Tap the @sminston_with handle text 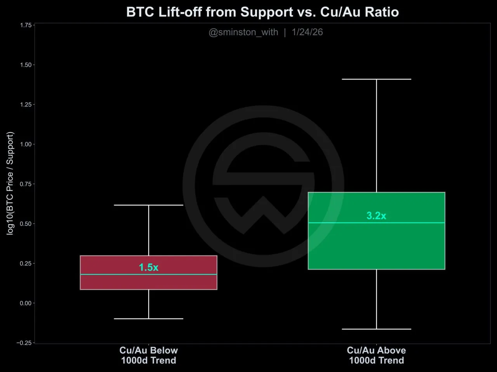click(x=243, y=32)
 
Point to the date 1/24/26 click(x=307, y=32)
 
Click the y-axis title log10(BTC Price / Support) click(x=10, y=183)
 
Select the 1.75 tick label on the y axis click(x=26, y=25)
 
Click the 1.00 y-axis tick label click(x=26, y=144)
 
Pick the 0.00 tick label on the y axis click(x=26, y=303)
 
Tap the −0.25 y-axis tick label click(x=24, y=343)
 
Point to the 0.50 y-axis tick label click(x=26, y=224)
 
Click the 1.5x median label click(x=149, y=267)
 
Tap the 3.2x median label click(x=376, y=215)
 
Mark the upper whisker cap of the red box click(x=149, y=205)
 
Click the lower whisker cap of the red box click(x=149, y=319)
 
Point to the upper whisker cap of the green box click(x=376, y=79)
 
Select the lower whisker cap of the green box click(x=376, y=329)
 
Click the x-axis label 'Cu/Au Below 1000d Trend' click(x=149, y=355)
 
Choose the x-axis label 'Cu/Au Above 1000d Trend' click(x=376, y=355)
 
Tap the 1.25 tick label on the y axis click(x=26, y=105)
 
